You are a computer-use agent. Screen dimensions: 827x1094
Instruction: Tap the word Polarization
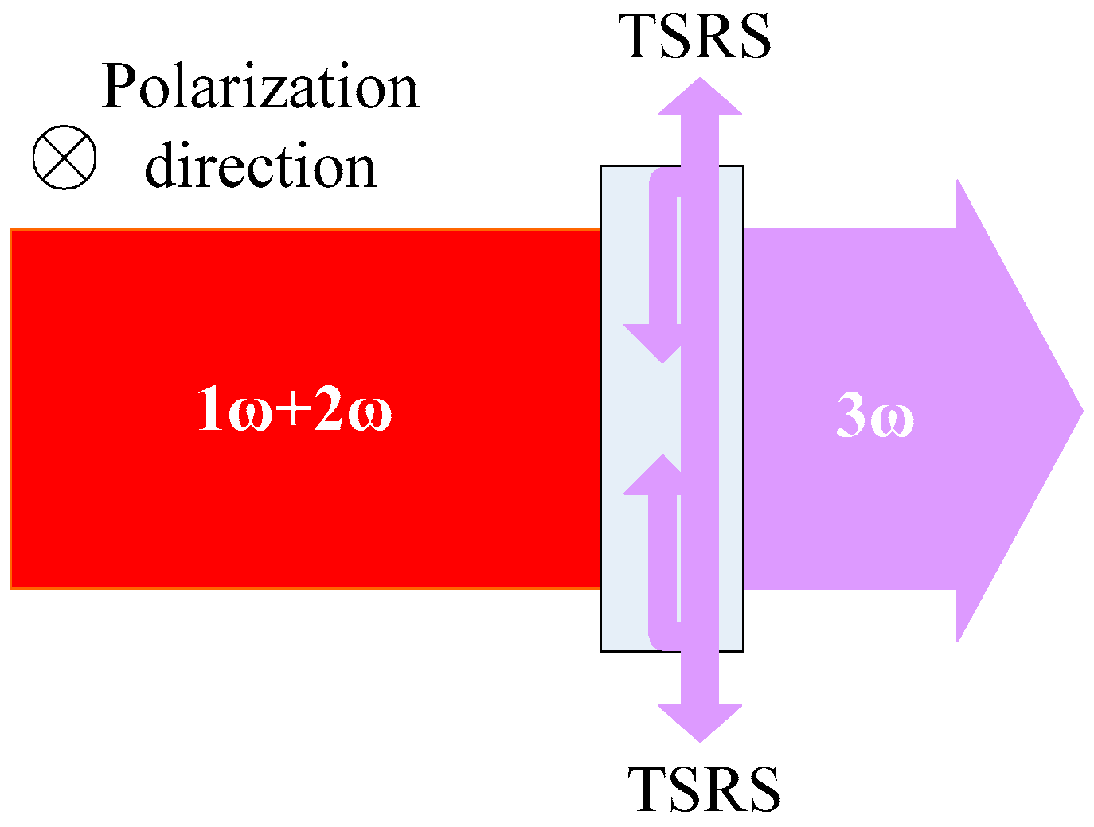pos(260,88)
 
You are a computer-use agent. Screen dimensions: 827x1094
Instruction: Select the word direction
pos(260,167)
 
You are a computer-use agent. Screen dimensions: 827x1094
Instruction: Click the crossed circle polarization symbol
pos(64,157)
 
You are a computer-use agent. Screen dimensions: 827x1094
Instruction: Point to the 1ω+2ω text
pos(294,408)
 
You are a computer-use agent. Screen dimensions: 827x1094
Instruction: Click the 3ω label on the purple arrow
pos(874,415)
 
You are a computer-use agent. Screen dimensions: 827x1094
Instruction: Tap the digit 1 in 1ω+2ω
pos(210,408)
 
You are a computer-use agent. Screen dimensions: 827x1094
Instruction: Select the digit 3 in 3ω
pos(850,415)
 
